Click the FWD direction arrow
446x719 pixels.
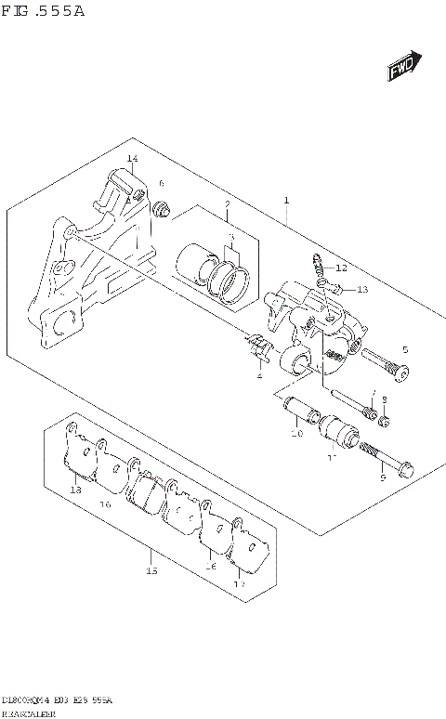[x=402, y=68]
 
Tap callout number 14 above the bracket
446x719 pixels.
[x=132, y=160]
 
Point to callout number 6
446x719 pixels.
[x=161, y=184]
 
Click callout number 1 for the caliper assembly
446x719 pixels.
[x=287, y=201]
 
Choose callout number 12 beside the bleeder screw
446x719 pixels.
[x=340, y=268]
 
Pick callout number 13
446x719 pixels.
[x=361, y=290]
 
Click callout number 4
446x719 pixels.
[x=259, y=376]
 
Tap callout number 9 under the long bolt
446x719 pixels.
[x=382, y=477]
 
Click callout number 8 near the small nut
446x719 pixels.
[x=383, y=399]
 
